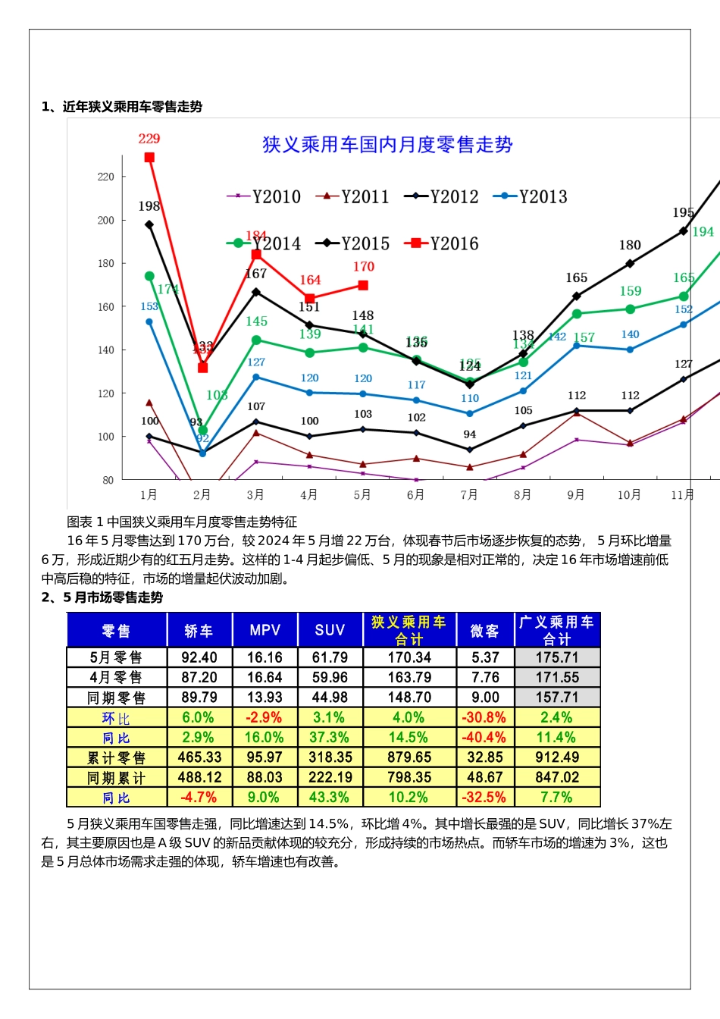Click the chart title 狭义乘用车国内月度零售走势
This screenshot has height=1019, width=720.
pos(387,145)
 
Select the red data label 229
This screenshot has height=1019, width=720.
pos(149,139)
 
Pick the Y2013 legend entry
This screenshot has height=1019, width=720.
pos(531,197)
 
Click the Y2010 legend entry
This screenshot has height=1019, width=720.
pos(264,197)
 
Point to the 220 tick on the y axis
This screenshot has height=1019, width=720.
pos(105,177)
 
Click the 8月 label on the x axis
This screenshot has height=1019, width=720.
pos(522,495)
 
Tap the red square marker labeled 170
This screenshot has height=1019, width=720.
pos(363,286)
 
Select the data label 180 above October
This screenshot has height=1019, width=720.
pos(630,246)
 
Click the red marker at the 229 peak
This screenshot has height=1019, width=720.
pos(149,158)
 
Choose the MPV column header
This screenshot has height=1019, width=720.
pos(265,630)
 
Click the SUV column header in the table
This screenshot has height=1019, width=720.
pos(330,630)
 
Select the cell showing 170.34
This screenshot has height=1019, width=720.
pos(409,657)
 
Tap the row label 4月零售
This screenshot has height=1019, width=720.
pos(116,678)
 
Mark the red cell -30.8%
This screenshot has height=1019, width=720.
pos(484,717)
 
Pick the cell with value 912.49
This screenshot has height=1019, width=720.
pos(557,757)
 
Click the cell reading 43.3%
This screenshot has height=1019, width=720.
pos(329,798)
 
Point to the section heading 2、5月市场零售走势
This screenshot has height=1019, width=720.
pos(102,597)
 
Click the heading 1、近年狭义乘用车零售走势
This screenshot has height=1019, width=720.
pos(122,107)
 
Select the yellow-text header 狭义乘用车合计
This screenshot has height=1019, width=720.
pos(409,630)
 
